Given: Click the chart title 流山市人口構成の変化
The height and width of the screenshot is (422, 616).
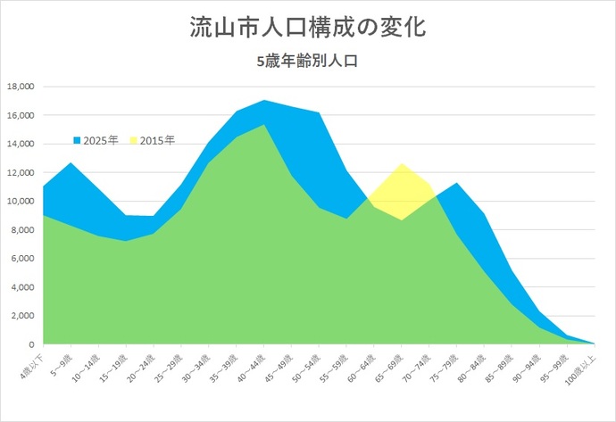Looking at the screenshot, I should (x=307, y=27).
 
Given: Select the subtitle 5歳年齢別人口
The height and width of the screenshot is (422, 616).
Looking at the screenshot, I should (x=307, y=62).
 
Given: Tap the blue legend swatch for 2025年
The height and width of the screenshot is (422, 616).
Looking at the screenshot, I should (x=77, y=141).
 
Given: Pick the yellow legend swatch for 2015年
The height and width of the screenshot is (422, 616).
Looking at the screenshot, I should (x=135, y=141).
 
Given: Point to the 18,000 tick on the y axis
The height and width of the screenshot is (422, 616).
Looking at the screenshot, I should (x=19, y=87).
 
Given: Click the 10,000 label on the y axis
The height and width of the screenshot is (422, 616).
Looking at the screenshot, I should (x=19, y=202).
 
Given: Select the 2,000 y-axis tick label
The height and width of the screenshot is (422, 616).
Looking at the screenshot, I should (x=21, y=316).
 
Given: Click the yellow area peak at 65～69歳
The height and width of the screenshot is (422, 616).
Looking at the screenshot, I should (x=402, y=165).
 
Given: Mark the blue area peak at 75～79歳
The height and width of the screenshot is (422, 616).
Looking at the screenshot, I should (x=457, y=184).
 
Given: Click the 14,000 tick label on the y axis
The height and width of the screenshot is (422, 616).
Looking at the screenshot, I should (x=19, y=144).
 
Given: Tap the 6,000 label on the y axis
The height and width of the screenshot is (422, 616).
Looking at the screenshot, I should (x=21, y=259).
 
